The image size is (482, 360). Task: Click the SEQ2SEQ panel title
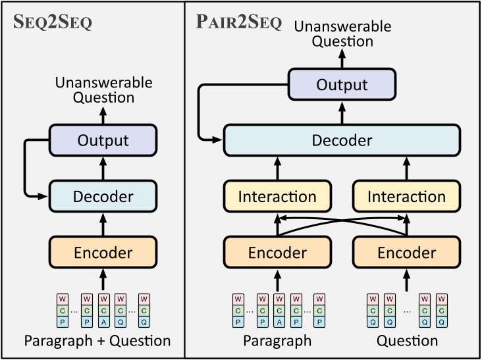coord(53,22)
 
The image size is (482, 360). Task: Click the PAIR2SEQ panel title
coord(238,22)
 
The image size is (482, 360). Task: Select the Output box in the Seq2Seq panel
coord(103,140)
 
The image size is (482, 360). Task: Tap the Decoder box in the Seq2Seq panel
coord(103,196)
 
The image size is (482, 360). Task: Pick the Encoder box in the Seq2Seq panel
coord(103,252)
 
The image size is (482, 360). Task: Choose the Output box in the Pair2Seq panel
coord(342,85)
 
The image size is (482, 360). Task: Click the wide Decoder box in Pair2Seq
coord(342,140)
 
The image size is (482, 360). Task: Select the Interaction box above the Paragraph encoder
coord(277,196)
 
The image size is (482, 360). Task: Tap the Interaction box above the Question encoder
coord(406,196)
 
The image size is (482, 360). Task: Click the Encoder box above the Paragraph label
coord(277,252)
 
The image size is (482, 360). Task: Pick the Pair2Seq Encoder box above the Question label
coord(406,252)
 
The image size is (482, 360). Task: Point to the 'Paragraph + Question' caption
coord(97,341)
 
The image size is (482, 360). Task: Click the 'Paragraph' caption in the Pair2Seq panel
coord(277,341)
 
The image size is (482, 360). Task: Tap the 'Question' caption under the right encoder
coord(406,341)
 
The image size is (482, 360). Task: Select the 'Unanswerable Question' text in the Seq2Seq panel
coord(103,91)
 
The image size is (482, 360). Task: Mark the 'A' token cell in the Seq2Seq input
coord(103,321)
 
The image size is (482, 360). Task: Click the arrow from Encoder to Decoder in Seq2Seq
coord(103,224)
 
